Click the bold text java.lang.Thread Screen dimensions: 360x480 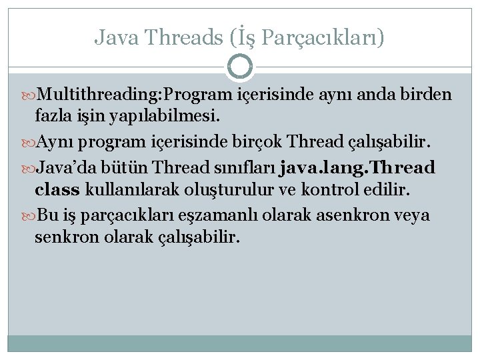(x=358, y=166)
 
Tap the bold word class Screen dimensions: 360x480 (x=57, y=189)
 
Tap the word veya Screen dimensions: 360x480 (x=411, y=215)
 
